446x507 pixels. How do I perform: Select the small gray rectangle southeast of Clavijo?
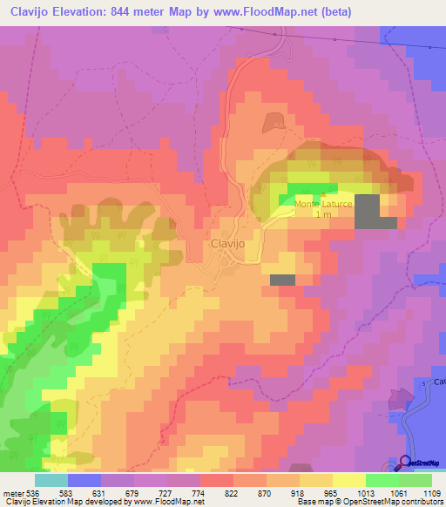pyautogui.click(x=282, y=280)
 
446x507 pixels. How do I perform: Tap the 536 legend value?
pyautogui.click(x=33, y=492)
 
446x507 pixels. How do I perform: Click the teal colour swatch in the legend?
pyautogui.click(x=51, y=480)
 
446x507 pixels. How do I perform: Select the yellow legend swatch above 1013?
pyautogui.click(x=348, y=480)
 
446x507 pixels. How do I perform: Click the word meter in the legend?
pyautogui.click(x=12, y=492)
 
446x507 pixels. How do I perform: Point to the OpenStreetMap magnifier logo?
pyautogui.click(x=405, y=462)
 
